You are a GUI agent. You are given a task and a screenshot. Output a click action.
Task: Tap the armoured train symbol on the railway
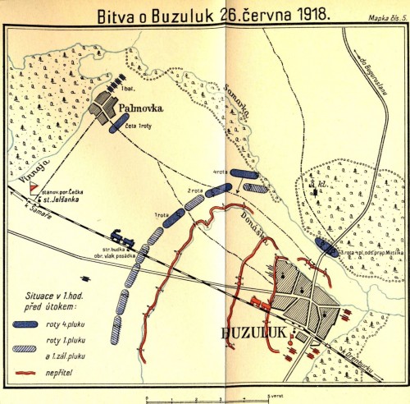tap(116, 233)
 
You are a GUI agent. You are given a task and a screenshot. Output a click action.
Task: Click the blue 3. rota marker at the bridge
tap(326, 246)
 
